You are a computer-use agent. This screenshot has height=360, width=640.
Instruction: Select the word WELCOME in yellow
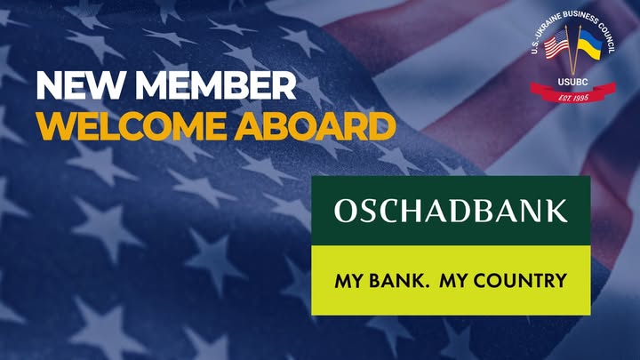point(132,126)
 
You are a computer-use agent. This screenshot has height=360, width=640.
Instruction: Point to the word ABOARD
point(315,126)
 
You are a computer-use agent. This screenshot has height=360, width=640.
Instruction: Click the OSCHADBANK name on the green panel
point(451,211)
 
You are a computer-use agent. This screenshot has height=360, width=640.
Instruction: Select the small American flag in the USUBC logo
point(556,46)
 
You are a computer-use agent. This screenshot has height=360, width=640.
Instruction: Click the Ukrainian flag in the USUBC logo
point(589,45)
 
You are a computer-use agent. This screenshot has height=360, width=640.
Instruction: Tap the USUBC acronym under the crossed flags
point(573,82)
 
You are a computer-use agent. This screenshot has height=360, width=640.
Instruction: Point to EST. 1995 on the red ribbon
point(573,98)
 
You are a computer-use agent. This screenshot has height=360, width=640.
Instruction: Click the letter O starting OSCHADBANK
point(346,211)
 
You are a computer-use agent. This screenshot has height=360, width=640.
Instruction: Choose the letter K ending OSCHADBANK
point(556,211)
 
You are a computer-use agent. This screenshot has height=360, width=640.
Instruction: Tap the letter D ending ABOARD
point(383,126)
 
